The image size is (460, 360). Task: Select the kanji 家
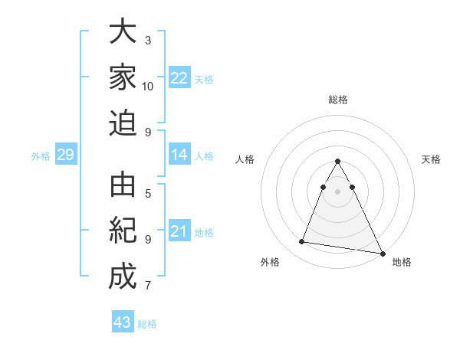tap(123, 77)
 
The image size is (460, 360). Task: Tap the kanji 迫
tap(123, 123)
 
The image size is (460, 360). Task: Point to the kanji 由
tap(123, 185)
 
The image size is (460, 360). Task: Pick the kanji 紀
tap(123, 231)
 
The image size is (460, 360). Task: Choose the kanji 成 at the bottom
tap(123, 277)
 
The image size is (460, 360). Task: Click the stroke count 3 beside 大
tap(147, 40)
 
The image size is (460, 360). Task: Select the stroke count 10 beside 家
tap(148, 86)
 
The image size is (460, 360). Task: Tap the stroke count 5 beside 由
tap(147, 193)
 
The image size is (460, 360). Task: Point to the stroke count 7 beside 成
tap(147, 286)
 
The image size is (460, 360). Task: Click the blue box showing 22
tap(179, 77)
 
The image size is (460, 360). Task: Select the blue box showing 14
tap(179, 155)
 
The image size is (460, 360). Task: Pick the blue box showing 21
tap(179, 231)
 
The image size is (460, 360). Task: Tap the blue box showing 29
tap(65, 155)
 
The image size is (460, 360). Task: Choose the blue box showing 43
tap(122, 322)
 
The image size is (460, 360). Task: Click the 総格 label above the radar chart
tap(337, 100)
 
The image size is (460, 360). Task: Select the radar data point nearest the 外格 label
tap(302, 242)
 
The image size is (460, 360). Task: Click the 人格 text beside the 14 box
tap(204, 156)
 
